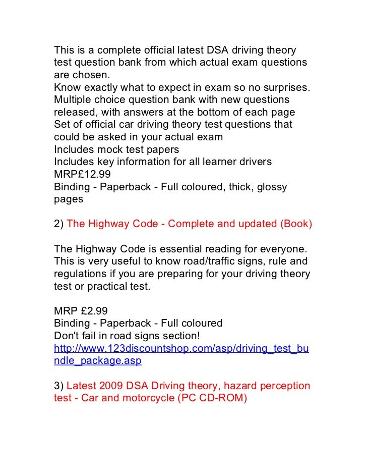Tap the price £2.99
(x=94, y=311)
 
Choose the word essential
(x=187, y=250)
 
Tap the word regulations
(x=79, y=274)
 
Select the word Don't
(x=66, y=336)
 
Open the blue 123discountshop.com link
(x=181, y=348)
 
